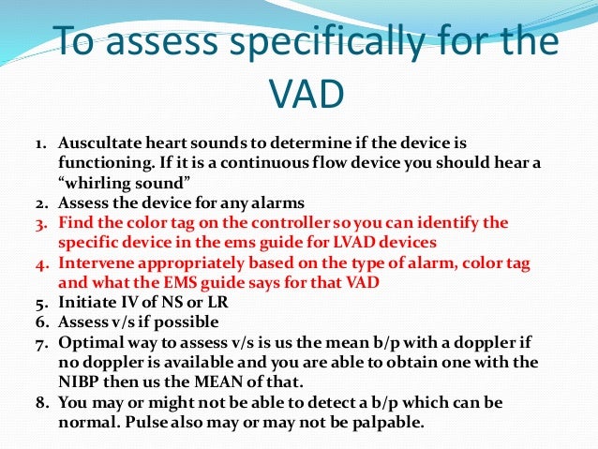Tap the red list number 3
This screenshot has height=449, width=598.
pos(42,222)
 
